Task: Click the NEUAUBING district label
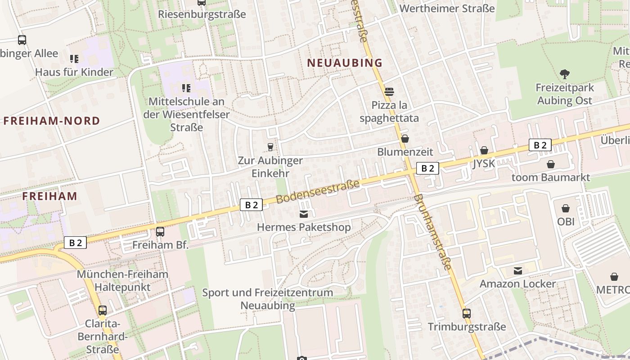[x=345, y=63]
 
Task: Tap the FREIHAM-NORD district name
[x=52, y=121]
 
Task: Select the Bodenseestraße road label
[x=318, y=192]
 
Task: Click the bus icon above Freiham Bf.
[x=160, y=232]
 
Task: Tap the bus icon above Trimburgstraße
[x=467, y=313]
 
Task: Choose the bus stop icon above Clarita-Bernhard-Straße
[x=103, y=310]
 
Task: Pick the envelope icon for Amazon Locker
[x=518, y=270]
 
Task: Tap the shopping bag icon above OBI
[x=566, y=208]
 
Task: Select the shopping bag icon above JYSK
[x=484, y=150]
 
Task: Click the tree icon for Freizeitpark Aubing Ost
[x=565, y=74]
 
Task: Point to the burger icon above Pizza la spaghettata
[x=389, y=92]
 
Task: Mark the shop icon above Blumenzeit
[x=405, y=139]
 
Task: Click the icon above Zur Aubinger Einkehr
[x=270, y=147]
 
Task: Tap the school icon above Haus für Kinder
[x=74, y=58]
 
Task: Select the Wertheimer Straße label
[x=447, y=9]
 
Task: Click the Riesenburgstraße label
[x=202, y=14]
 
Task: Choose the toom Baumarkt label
[x=550, y=177]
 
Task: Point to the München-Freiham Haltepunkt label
[x=122, y=280]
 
